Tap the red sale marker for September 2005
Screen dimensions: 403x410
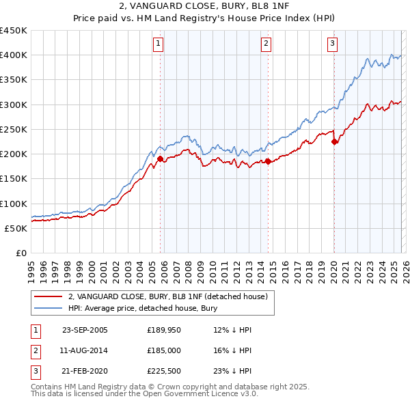click(x=161, y=159)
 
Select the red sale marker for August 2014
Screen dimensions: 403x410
click(x=268, y=161)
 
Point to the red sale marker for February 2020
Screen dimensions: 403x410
click(x=334, y=141)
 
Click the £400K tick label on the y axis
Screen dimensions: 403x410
click(x=14, y=55)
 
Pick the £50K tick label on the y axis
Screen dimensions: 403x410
click(x=16, y=228)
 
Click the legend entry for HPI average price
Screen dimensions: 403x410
click(x=142, y=308)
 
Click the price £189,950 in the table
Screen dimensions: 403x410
click(x=163, y=330)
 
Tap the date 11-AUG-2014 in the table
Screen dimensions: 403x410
click(x=85, y=350)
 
